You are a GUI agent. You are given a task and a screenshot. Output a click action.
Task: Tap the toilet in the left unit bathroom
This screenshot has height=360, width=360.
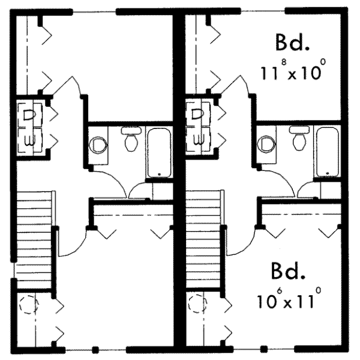(x=129, y=139)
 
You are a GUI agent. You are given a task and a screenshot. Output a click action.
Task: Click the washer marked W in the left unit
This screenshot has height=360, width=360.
(x=28, y=140)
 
